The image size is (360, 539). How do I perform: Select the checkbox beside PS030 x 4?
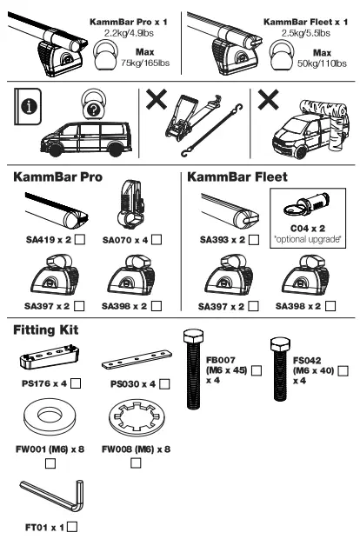pos(163,382)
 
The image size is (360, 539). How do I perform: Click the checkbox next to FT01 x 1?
pos(71,525)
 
